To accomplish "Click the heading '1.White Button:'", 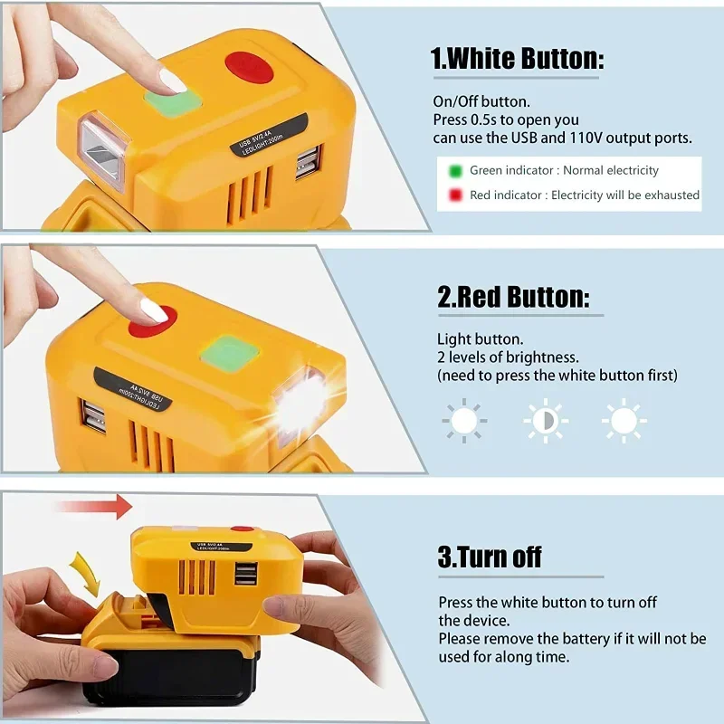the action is pos(517,59).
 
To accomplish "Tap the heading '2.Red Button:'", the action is pos(513,297).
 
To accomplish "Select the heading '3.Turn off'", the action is pos(490,557).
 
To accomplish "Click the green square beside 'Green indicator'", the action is pos(455,171).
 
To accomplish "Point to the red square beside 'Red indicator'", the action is pos(455,195).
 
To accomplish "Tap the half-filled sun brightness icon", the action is pos(546,421).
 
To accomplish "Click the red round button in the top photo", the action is pos(250,71).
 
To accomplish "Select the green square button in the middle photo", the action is pos(230,354).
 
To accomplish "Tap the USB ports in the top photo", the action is pos(309,162).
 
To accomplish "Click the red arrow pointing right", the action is pos(94,507).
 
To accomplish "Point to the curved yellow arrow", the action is pos(86,574).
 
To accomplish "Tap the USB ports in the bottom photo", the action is pos(245,574).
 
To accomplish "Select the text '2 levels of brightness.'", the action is pos(508,357).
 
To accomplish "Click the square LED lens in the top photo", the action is pos(103,151).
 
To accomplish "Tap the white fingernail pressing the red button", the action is pos(154,310).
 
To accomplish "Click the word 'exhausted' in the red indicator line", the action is pos(672,195).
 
